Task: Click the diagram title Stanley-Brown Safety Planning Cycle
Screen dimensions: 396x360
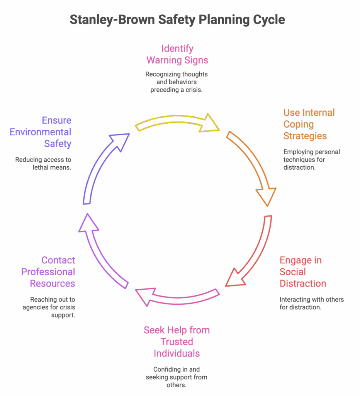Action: point(177,20)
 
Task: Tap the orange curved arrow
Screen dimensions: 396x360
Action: point(253,166)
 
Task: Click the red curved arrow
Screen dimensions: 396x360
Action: point(253,255)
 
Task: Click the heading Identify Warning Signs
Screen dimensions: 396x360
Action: point(177,55)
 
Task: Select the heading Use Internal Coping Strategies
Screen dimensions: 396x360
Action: point(309,124)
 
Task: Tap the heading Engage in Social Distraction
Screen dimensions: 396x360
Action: point(302,272)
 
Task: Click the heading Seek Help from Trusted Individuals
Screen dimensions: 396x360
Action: point(177,342)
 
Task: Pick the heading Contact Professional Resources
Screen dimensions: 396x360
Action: point(48,272)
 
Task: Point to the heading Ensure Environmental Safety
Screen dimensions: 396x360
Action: point(41,132)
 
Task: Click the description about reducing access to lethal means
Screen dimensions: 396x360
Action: point(43,164)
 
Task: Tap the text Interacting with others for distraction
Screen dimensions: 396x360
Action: point(311,303)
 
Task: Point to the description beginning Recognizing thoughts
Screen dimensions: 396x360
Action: point(177,82)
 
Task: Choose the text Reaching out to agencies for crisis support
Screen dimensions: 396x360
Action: point(53,307)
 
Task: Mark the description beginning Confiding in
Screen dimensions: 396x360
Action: point(177,377)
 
